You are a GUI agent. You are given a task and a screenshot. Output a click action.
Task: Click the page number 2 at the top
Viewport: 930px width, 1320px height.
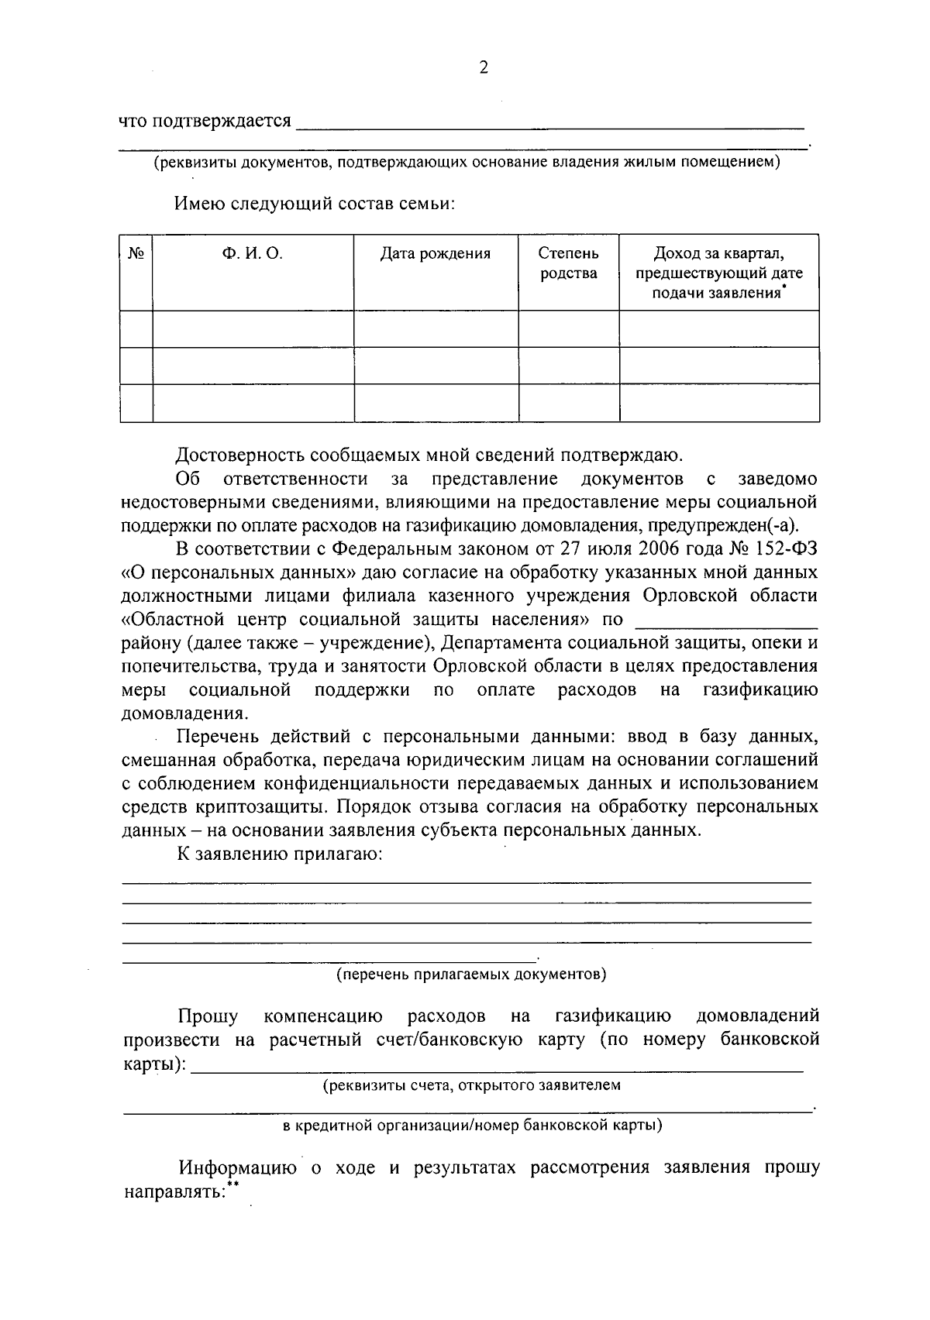pyautogui.click(x=484, y=68)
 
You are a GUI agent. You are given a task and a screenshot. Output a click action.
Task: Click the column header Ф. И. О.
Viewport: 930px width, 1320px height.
pyautogui.click(x=253, y=254)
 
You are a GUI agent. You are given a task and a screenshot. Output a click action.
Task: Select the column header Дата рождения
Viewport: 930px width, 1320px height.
pyautogui.click(x=436, y=254)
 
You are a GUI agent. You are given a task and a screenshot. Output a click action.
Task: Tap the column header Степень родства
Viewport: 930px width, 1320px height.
pyautogui.click(x=568, y=263)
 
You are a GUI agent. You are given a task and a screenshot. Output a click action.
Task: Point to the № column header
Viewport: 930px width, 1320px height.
pyautogui.click(x=136, y=254)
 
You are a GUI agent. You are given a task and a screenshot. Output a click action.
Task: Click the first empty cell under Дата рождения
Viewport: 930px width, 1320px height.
pyautogui.click(x=436, y=328)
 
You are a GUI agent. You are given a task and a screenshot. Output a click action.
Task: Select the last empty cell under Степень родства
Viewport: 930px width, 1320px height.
pyautogui.click(x=568, y=403)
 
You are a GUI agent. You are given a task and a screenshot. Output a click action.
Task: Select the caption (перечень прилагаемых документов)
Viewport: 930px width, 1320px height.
pyautogui.click(x=470, y=974)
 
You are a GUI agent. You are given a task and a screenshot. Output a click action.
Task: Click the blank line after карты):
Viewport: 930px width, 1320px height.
pyautogui.click(x=496, y=1068)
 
